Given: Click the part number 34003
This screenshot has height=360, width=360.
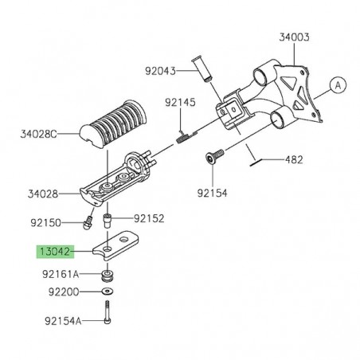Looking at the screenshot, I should [x=295, y=37].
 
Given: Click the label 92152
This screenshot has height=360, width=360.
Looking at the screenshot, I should [x=149, y=217].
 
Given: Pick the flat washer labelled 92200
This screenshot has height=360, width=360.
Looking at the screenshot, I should [x=106, y=293].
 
